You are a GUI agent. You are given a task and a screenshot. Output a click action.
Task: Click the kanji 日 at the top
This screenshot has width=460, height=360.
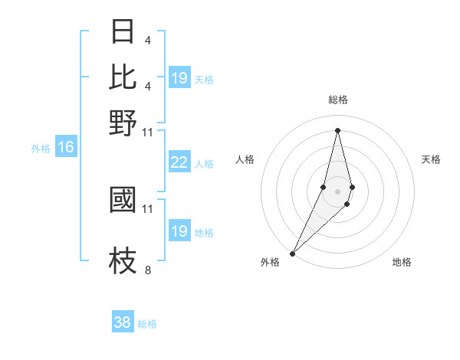[123, 32]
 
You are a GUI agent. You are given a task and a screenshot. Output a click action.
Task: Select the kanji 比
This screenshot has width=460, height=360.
[123, 77]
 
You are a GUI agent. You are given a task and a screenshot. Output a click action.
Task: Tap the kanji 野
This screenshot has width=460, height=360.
[123, 123]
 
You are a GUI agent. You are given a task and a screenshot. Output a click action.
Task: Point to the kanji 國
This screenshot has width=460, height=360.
[123, 199]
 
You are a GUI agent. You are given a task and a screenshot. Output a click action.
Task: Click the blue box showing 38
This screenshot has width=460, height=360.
[123, 322]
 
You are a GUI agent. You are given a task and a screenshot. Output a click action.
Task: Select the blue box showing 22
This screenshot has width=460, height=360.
[179, 162]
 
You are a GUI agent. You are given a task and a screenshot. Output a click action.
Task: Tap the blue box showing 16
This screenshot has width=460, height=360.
[66, 148]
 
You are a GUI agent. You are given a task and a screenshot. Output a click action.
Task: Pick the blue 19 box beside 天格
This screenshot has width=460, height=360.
[179, 78]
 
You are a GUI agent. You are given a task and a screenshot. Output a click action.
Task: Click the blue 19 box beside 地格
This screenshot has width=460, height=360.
[179, 231]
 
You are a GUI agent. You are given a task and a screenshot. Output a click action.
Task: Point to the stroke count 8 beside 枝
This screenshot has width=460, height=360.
[147, 270]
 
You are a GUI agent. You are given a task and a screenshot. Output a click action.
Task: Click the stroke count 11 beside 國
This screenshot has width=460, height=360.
[148, 208]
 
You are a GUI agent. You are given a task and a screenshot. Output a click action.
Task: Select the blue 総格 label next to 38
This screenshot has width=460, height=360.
[147, 324]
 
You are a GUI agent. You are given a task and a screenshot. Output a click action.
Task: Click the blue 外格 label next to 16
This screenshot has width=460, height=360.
[41, 149]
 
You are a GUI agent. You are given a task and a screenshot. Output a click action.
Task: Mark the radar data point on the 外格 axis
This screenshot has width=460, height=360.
[293, 253]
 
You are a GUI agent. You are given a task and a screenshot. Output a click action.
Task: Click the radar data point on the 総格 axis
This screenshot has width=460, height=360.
[337, 129]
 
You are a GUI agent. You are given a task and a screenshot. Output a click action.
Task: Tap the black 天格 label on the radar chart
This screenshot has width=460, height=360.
[432, 159]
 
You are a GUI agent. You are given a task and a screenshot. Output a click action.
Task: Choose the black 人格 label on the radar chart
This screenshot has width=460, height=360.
[245, 159]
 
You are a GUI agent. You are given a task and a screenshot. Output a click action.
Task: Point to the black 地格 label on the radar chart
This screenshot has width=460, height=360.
[402, 262]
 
